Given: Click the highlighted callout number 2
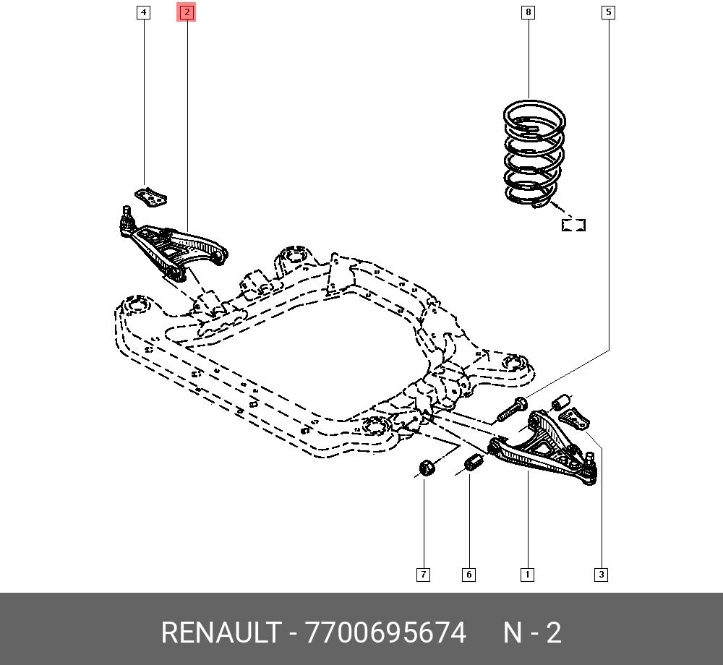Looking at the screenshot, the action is coord(187,12).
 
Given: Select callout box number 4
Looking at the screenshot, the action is coord(143,12).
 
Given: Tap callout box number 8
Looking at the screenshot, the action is coord(528,12).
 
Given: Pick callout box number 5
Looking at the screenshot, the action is coord(608,12).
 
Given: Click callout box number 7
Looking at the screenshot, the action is coord(423,575).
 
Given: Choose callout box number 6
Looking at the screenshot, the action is coord(469,575).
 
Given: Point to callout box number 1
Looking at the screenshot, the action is coord(527,575).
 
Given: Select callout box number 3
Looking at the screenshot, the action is coord(601,575).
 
